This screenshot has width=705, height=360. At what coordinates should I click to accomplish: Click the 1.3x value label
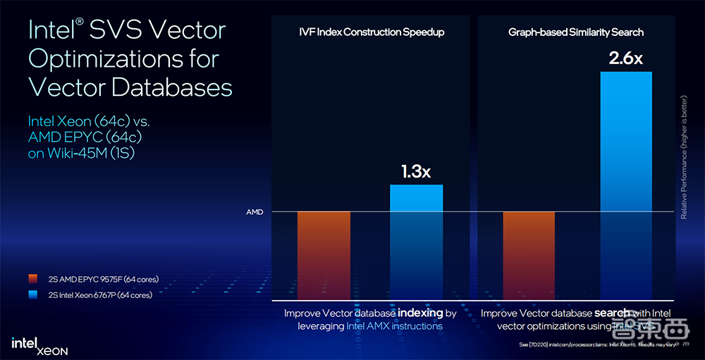pyautogui.click(x=416, y=171)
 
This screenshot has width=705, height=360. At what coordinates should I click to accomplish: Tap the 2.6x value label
pyautogui.click(x=626, y=58)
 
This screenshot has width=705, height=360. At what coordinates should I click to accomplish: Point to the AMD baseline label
pyautogui.click(x=254, y=212)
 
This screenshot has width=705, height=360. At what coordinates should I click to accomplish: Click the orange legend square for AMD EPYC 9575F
pyautogui.click(x=32, y=280)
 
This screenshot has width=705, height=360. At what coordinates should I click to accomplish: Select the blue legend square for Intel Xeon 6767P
pyautogui.click(x=32, y=295)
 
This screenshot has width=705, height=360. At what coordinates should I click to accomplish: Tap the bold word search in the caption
pyautogui.click(x=611, y=312)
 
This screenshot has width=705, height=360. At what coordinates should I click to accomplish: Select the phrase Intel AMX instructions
pyautogui.click(x=394, y=326)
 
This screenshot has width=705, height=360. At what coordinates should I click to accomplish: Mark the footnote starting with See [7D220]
pyautogui.click(x=599, y=345)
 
